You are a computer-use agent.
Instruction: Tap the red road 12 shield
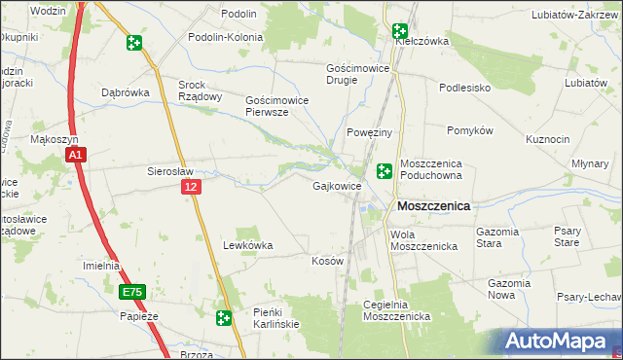pos(191,186)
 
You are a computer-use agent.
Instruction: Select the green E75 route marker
pos(131,292)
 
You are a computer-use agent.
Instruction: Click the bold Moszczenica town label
pos(433,206)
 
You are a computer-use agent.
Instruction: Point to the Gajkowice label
pos(337,186)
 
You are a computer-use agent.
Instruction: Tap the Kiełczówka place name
pos(421,42)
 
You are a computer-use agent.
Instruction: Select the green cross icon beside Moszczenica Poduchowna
pos(385,171)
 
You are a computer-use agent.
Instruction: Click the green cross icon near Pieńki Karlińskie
pos(224,317)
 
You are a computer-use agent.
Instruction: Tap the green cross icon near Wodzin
pos(133,43)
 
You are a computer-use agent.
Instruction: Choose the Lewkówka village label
pos(248,246)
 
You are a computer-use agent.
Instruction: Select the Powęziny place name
pos(369,132)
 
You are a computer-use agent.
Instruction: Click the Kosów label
pos(327,262)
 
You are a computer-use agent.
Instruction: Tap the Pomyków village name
pos(471,130)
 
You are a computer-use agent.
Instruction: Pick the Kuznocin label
pos(547,139)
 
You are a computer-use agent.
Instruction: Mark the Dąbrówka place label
pos(124,92)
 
